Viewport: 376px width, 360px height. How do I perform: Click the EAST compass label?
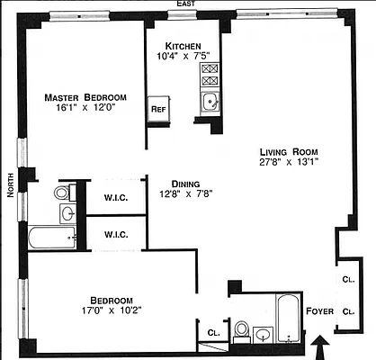(186, 4)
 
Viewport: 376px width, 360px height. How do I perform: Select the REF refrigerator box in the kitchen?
(158, 109)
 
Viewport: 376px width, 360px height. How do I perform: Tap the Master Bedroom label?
(86, 96)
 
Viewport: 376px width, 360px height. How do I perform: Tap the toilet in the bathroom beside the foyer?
(240, 332)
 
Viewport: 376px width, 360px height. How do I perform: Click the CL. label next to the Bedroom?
(213, 333)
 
